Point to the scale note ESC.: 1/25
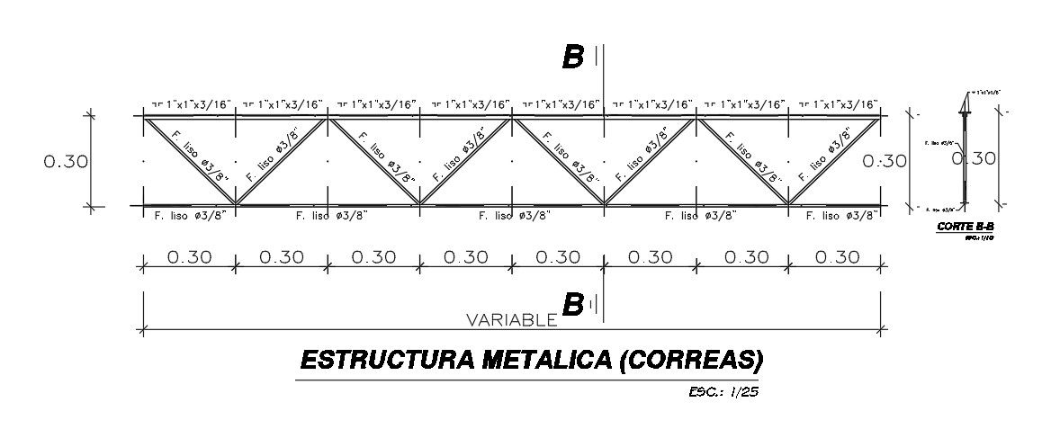[x=718, y=391]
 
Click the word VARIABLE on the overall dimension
[x=512, y=319]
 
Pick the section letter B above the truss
[x=572, y=58]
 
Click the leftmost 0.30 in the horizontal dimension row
[x=188, y=257]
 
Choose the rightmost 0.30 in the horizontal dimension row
[x=836, y=257]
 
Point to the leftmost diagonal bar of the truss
[x=190, y=160]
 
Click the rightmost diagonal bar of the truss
[x=835, y=160]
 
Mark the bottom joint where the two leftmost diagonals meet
[x=236, y=205]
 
